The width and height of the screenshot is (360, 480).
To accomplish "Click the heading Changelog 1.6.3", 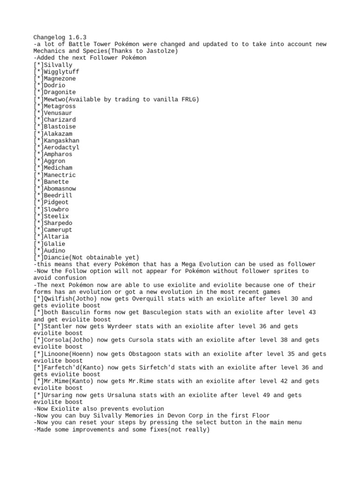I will (x=60, y=37).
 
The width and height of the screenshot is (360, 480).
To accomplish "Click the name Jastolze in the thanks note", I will (x=141, y=51).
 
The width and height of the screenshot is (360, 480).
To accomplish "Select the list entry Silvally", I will (x=58, y=65).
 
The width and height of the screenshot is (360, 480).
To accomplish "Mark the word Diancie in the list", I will (x=56, y=257).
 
